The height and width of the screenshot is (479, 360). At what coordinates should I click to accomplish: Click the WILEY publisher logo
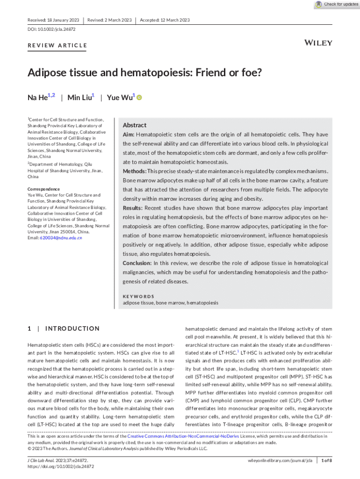[x=318, y=43]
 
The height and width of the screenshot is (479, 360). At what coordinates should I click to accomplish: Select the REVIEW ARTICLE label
[x=57, y=45]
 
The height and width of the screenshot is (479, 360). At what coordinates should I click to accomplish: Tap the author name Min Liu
[x=80, y=97]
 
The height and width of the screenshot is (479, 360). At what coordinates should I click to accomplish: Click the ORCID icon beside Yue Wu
[x=139, y=97]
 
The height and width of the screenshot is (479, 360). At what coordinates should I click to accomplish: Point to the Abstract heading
[x=134, y=125]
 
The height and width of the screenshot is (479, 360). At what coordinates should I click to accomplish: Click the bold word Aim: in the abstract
[x=129, y=135]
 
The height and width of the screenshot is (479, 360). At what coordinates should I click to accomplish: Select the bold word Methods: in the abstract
[x=134, y=171]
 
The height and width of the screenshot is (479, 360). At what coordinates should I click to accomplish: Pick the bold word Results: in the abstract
[x=133, y=208]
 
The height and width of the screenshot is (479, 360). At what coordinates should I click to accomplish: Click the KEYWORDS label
[x=138, y=297]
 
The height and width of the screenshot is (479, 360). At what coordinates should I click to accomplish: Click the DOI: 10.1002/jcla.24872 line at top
[x=51, y=29]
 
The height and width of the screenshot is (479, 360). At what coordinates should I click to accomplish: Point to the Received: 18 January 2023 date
[x=53, y=20]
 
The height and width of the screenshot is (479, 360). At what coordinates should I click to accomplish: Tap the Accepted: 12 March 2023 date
[x=165, y=20]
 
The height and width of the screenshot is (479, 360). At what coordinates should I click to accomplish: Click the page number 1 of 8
[x=326, y=461]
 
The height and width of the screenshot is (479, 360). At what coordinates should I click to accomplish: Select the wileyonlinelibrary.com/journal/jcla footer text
[x=280, y=461]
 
